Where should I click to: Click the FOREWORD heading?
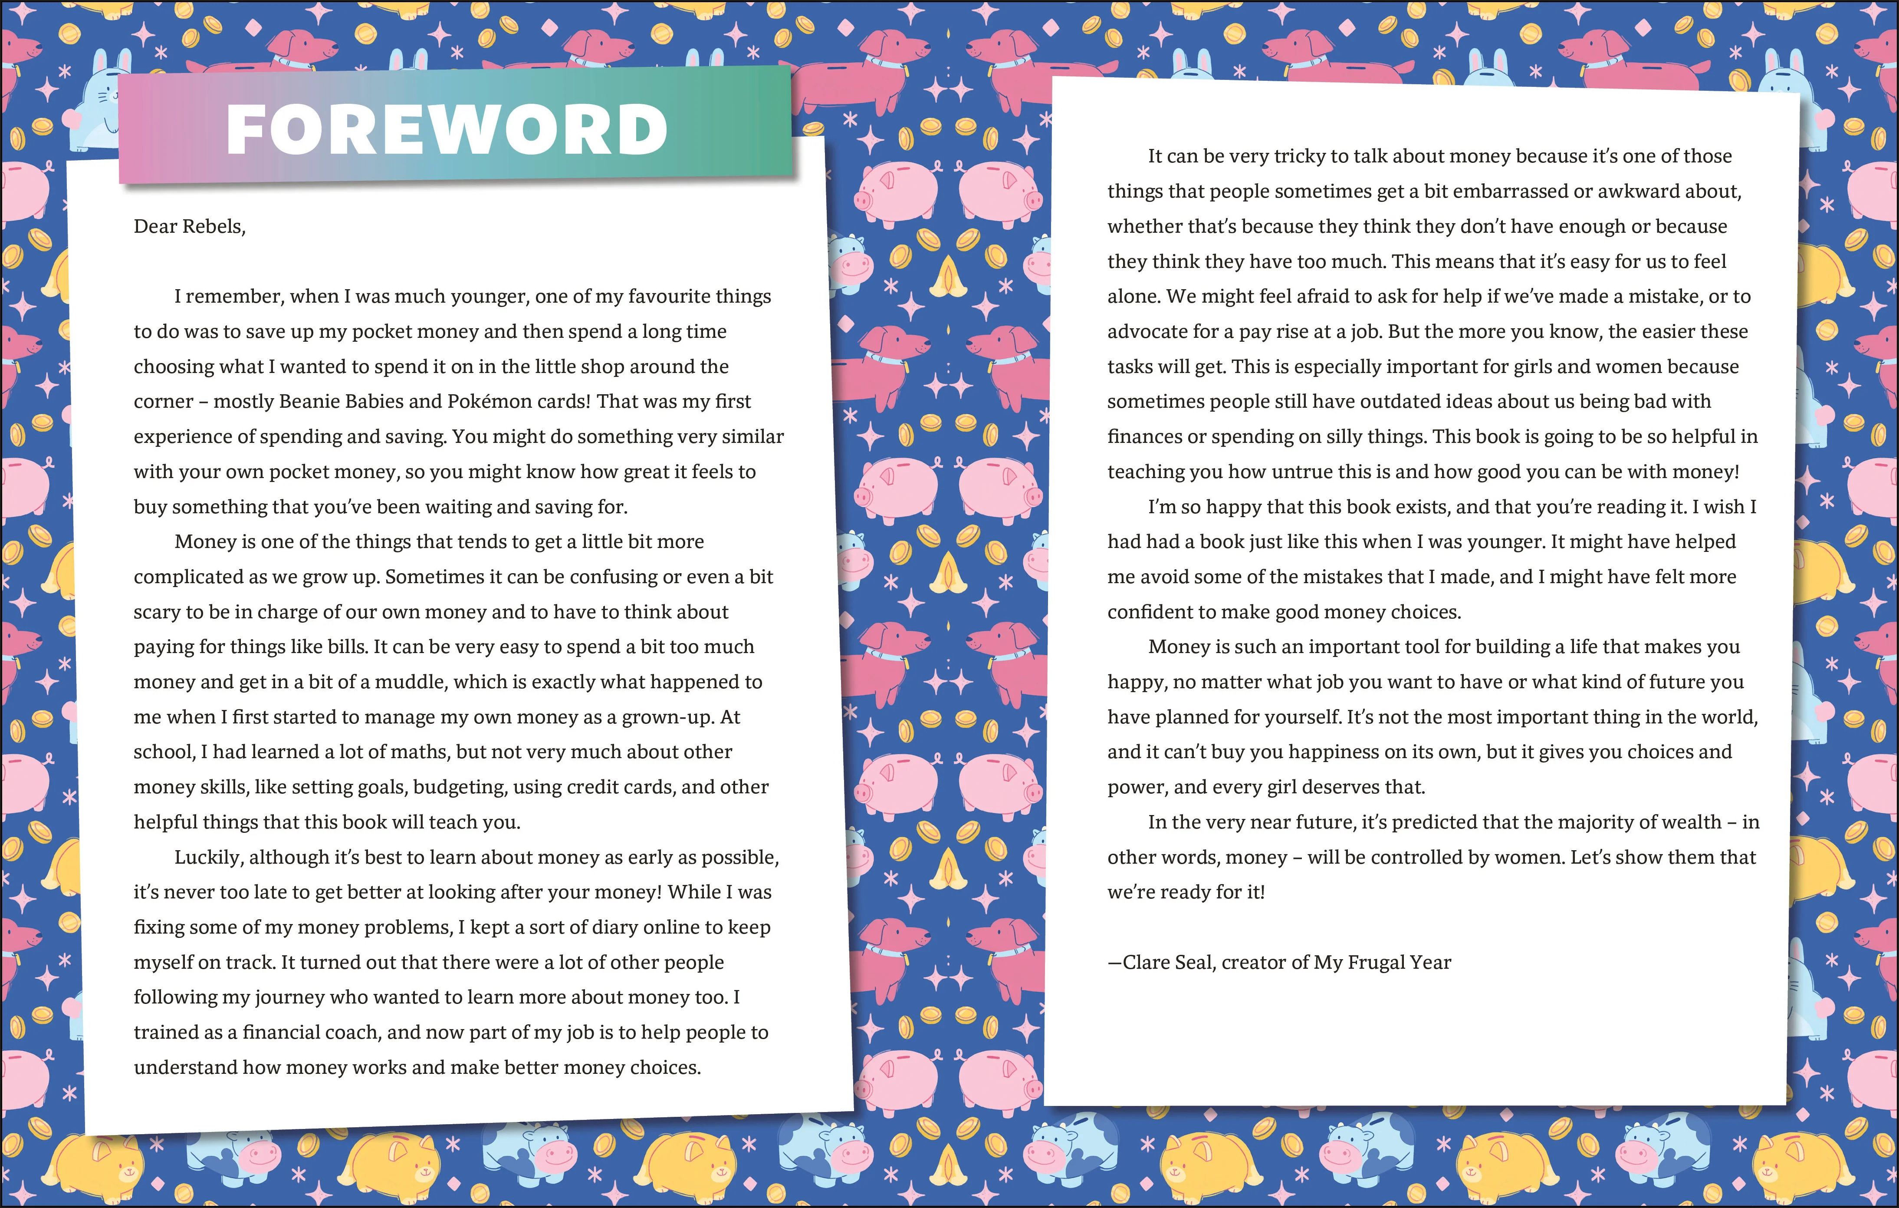447,130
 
